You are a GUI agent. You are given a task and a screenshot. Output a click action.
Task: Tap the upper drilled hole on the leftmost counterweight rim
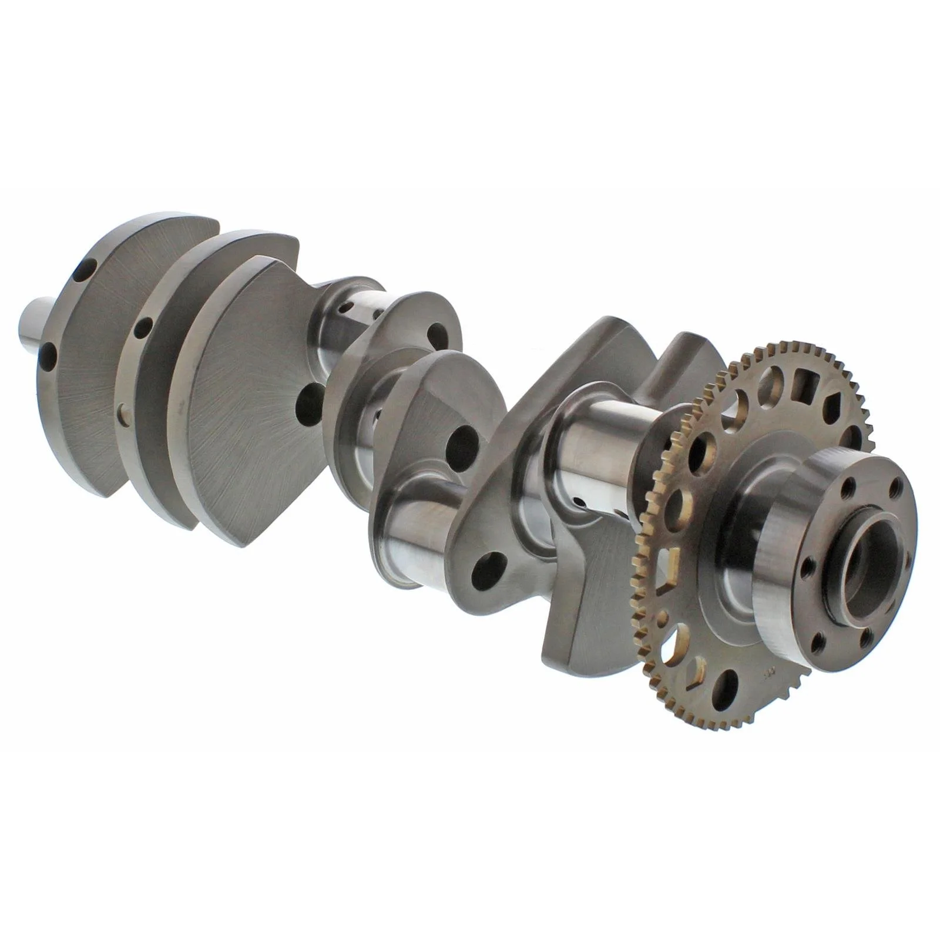pyautogui.click(x=85, y=273)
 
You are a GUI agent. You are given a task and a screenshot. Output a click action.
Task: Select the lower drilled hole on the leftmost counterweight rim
pyautogui.click(x=48, y=355)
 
